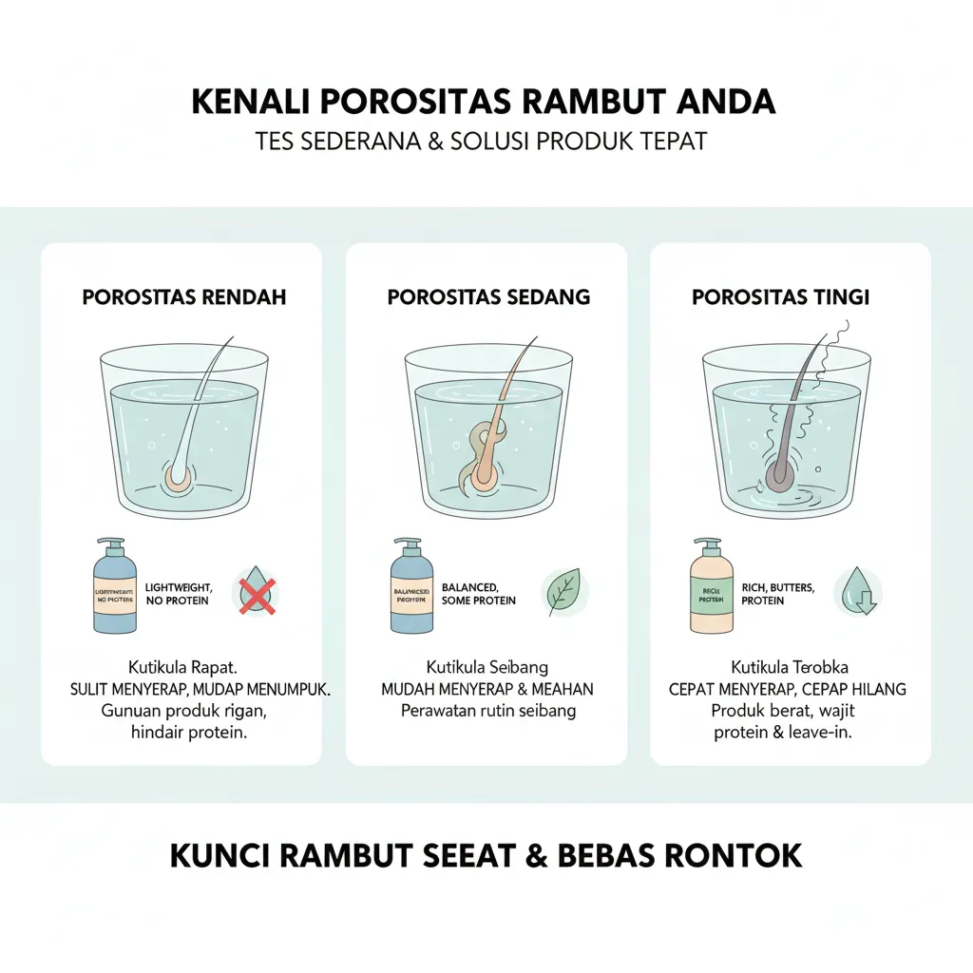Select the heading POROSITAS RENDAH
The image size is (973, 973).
(x=184, y=296)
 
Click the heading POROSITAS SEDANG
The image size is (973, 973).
(x=488, y=296)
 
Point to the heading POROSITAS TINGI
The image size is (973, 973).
(x=780, y=296)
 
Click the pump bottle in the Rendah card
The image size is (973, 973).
(x=114, y=589)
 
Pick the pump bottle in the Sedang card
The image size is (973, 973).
(x=411, y=589)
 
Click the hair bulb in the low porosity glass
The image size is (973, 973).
(x=178, y=476)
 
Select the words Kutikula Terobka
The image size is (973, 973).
(x=789, y=667)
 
